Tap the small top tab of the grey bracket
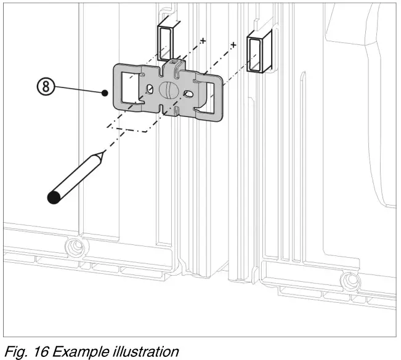(x=174, y=64)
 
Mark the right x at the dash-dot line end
(x=233, y=45)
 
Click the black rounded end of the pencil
(x=54, y=197)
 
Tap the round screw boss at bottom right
(x=349, y=281)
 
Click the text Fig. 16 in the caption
(x=24, y=351)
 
